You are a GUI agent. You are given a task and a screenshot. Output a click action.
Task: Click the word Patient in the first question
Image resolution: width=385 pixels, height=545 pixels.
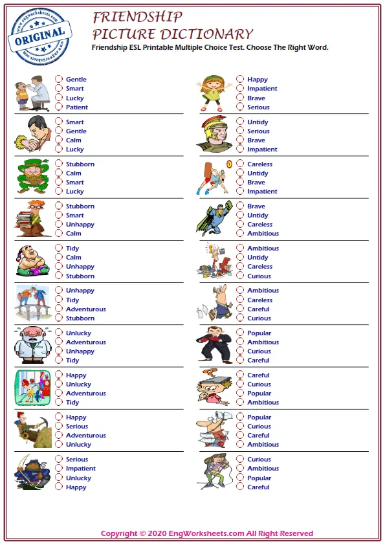(76, 107)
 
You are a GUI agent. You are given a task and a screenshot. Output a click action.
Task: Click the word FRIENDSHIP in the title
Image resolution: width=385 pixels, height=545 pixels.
(137, 17)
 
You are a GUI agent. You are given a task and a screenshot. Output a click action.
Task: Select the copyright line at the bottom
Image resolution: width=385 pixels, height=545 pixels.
(207, 533)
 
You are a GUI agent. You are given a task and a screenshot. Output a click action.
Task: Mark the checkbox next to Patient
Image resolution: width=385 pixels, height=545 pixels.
(59, 107)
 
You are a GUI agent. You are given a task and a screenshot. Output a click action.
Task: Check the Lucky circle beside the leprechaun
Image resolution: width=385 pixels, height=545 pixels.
(59, 192)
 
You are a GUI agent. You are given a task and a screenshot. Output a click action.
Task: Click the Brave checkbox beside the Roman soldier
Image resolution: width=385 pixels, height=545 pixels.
(240, 140)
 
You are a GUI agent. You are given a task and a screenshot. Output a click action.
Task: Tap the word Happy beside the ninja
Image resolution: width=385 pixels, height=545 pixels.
(76, 487)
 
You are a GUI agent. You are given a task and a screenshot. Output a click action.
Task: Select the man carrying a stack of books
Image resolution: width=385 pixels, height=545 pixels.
(31, 219)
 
